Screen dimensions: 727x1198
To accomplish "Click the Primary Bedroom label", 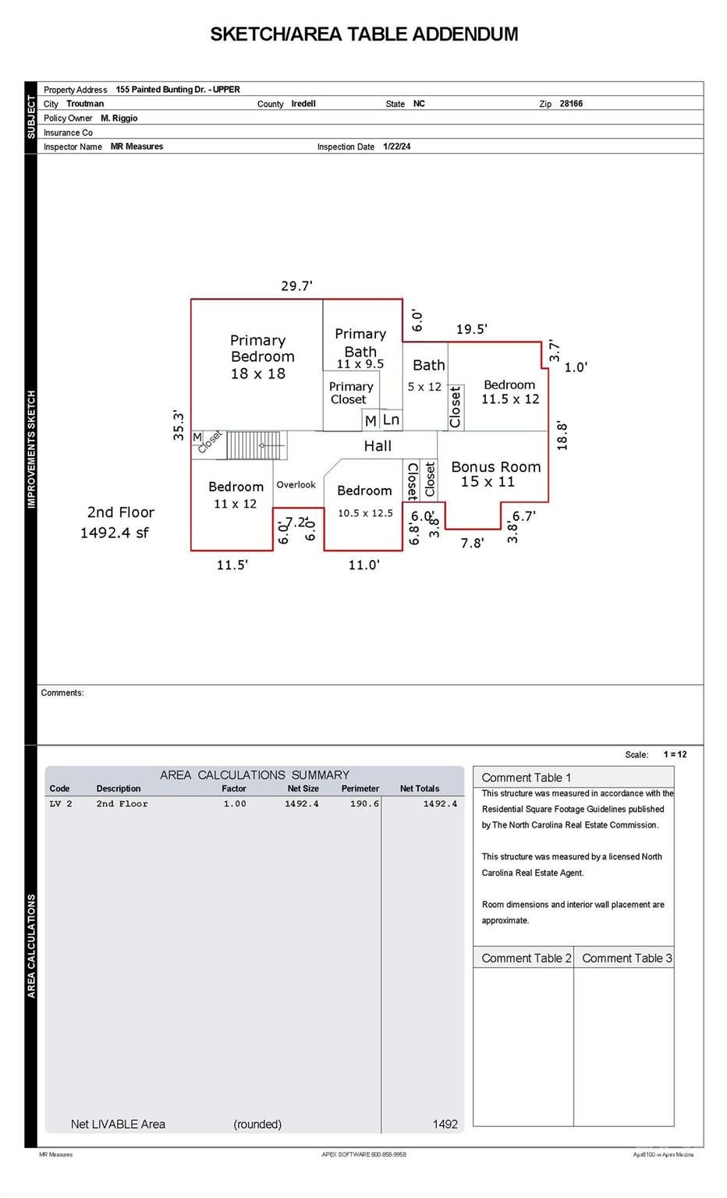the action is click(261, 348).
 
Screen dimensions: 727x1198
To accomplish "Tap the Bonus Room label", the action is click(496, 467).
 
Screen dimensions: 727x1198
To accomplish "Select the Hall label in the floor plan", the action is click(378, 445).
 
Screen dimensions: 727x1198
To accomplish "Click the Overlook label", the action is click(296, 484).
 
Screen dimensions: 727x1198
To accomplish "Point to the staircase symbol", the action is click(257, 445).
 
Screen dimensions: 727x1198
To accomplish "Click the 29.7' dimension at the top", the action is click(297, 285).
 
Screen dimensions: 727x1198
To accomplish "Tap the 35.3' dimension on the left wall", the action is click(178, 426).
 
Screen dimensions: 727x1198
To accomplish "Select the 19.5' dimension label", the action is click(471, 329).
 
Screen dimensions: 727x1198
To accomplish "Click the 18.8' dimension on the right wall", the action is click(562, 436).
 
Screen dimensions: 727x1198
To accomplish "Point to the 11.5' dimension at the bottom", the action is click(232, 565).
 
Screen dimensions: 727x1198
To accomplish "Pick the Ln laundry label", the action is click(391, 420).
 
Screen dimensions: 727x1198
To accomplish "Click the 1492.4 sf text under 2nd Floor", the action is click(115, 533).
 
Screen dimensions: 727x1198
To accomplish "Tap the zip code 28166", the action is click(571, 103).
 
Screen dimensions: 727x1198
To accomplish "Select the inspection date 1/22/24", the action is click(396, 146).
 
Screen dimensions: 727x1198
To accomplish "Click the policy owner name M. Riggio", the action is click(119, 118).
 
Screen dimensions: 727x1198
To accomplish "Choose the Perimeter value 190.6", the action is click(364, 803).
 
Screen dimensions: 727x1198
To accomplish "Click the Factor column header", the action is click(234, 789).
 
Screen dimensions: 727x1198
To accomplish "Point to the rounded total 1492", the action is click(445, 1124).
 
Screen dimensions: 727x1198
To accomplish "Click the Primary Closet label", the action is click(350, 392).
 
